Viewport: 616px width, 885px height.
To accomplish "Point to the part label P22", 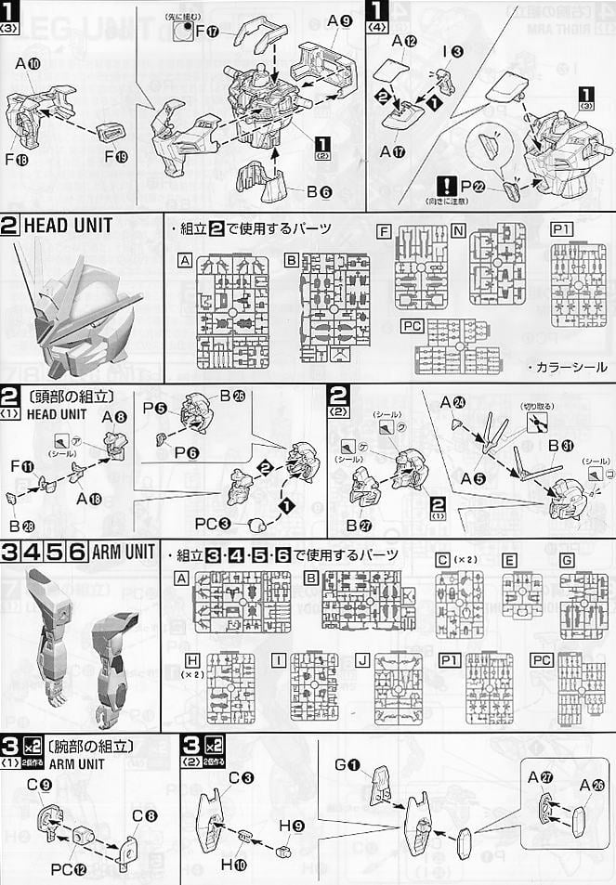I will point(478,189).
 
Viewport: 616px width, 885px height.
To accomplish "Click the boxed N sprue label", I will point(458,229).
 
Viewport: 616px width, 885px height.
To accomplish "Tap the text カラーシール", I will point(570,366).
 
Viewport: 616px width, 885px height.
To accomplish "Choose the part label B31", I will point(561,445).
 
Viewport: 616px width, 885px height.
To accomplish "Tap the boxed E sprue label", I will point(509,560).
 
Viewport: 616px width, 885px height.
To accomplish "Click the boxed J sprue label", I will point(363,659).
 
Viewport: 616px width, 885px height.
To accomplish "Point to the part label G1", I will point(357,765).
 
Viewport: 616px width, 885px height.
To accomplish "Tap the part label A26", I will point(591,786).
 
